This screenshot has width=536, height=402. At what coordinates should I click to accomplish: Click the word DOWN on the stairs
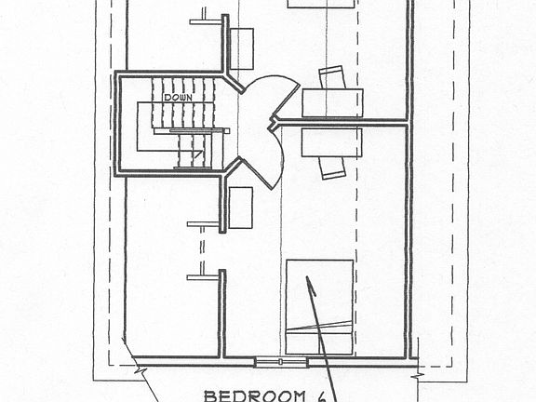(x=178, y=98)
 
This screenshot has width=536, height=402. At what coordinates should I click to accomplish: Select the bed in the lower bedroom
(x=319, y=307)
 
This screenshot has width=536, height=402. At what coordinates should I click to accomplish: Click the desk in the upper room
(x=332, y=103)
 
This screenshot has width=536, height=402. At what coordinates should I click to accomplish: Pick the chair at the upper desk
(x=332, y=77)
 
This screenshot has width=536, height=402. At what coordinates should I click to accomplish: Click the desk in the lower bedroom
(x=332, y=142)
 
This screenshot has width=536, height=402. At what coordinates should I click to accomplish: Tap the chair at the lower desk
(x=332, y=168)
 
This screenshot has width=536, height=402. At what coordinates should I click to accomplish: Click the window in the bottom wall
(x=281, y=362)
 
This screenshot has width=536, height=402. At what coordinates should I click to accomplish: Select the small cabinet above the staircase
(x=242, y=49)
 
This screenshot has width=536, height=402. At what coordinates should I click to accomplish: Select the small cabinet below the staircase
(x=241, y=208)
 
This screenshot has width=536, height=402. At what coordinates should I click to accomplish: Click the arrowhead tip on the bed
(x=307, y=277)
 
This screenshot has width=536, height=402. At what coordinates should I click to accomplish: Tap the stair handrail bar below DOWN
(x=200, y=130)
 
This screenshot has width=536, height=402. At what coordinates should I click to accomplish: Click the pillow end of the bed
(x=319, y=343)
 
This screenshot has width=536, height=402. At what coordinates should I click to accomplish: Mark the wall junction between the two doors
(x=273, y=124)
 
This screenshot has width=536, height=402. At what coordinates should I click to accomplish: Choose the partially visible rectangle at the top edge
(x=321, y=4)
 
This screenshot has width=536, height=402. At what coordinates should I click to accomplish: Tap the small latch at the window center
(x=281, y=362)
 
